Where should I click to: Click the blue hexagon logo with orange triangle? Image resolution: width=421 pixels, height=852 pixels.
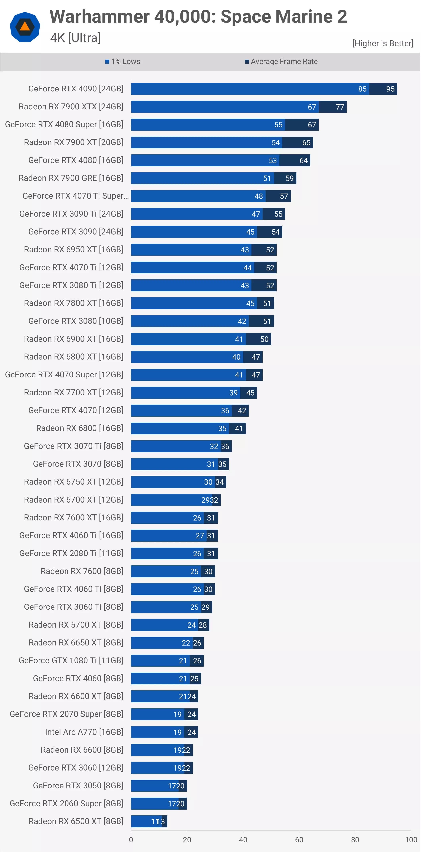pyautogui.click(x=25, y=27)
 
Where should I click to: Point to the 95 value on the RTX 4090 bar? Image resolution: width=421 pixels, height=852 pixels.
pyautogui.click(x=390, y=89)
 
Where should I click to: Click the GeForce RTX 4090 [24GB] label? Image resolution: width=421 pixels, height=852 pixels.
pyautogui.click(x=76, y=89)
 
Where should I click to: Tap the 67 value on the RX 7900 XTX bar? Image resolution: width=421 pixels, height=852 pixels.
pyautogui.click(x=312, y=107)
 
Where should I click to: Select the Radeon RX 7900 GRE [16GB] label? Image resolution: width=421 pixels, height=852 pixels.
pyautogui.click(x=71, y=178)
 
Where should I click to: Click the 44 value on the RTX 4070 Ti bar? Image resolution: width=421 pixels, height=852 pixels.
pyautogui.click(x=247, y=268)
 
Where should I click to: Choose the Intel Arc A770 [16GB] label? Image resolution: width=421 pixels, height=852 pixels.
pyautogui.click(x=84, y=732)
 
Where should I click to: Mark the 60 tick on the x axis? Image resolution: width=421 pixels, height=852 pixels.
pyautogui.click(x=299, y=840)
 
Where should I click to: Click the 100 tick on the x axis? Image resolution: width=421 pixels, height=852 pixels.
pyautogui.click(x=411, y=840)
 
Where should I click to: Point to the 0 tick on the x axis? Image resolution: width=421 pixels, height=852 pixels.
pyautogui.click(x=131, y=840)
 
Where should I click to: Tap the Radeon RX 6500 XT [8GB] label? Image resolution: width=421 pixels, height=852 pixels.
pyautogui.click(x=76, y=821)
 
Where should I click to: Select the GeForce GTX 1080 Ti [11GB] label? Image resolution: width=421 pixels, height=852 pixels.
pyautogui.click(x=71, y=660)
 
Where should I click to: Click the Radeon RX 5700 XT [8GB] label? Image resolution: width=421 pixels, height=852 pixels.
pyautogui.click(x=76, y=625)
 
